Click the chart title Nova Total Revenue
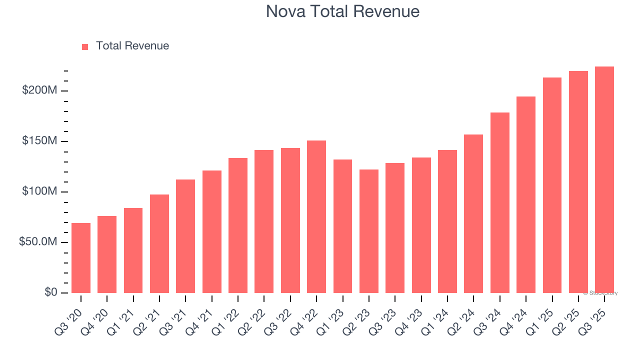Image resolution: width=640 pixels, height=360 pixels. coord(342,11)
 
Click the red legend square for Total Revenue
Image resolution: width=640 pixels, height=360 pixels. coord(85,46)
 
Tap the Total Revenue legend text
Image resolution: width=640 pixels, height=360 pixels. coord(132,46)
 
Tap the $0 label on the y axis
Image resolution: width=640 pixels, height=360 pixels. coord(50,292)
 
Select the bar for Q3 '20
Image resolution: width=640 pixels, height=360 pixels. coord(81,258)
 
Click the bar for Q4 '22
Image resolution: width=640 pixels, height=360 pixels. coord(316,217)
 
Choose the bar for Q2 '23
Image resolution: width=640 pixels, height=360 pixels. coord(369,231)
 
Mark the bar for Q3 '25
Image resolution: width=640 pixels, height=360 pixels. coord(604,180)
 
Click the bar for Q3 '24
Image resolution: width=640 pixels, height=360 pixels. coord(500,203)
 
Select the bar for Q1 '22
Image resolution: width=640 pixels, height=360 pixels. coord(238,225)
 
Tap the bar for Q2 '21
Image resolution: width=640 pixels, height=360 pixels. coord(159,244)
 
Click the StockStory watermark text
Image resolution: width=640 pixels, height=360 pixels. coord(600,293)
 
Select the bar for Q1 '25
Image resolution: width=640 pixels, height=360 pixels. coord(552,185)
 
